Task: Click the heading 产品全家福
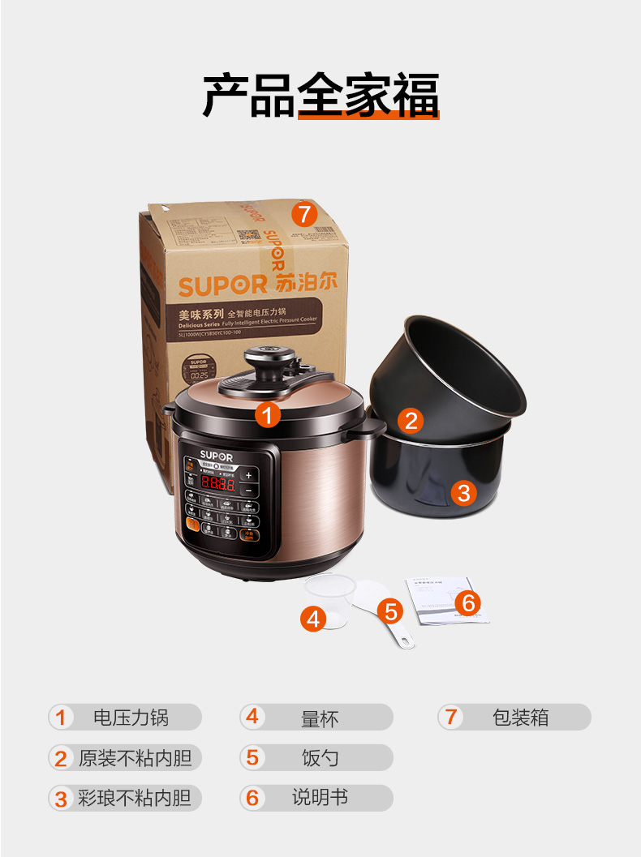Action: (320, 96)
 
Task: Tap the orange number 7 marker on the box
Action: (303, 215)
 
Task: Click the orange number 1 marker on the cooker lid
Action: (268, 416)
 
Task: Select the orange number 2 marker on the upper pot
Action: (411, 420)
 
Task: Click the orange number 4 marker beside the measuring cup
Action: (313, 619)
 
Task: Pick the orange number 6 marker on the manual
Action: (468, 602)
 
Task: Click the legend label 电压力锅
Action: (131, 718)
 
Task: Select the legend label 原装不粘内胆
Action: (135, 759)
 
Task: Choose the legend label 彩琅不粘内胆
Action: (135, 799)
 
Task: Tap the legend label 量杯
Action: (320, 718)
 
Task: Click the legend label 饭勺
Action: (320, 759)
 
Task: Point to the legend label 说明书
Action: (320, 798)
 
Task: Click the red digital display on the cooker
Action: (217, 485)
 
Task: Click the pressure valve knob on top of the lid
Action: (265, 357)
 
